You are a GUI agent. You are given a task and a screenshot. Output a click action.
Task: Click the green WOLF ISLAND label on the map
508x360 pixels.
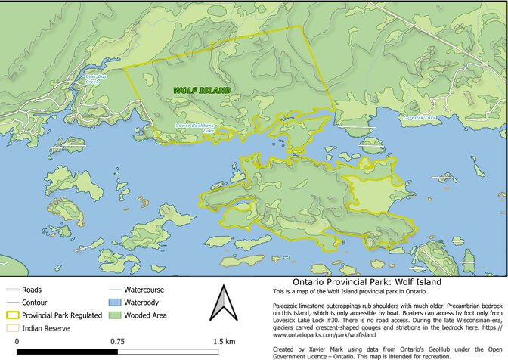tap(202, 90)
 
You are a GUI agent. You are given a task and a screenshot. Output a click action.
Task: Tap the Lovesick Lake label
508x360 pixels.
tap(420, 118)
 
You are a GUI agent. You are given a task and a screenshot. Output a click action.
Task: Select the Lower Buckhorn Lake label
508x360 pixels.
tap(195, 128)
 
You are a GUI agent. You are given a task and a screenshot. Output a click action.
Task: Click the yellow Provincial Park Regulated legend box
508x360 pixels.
tap(11, 315)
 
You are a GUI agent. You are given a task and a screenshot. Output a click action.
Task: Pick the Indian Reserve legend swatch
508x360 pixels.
tap(11, 328)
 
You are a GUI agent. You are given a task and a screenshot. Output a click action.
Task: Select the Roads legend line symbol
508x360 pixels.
tap(11, 290)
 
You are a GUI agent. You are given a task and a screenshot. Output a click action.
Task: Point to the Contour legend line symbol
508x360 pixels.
tap(11, 303)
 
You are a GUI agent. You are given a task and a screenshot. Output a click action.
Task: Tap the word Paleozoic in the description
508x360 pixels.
tap(287, 304)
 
